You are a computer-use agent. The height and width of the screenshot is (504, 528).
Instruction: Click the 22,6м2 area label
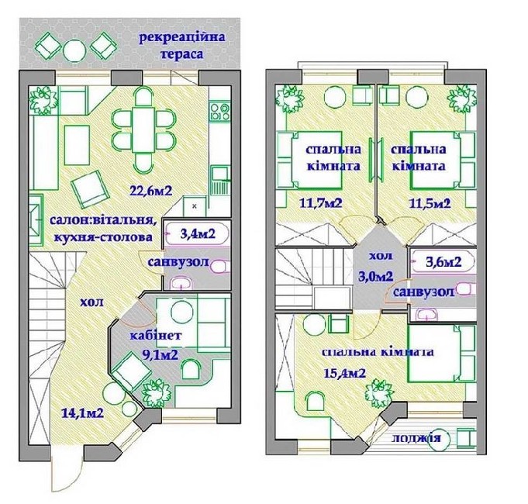click(x=151, y=191)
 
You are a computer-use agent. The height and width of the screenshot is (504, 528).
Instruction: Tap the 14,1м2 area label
click(x=82, y=413)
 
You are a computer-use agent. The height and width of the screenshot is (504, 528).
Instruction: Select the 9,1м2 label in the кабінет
click(x=160, y=354)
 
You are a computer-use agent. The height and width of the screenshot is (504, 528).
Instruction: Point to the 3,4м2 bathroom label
click(x=198, y=233)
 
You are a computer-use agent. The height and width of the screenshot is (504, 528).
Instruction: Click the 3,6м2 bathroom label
click(x=443, y=261)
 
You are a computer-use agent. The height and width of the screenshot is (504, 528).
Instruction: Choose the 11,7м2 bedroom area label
click(x=320, y=203)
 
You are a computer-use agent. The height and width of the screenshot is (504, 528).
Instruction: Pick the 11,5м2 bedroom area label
click(x=430, y=203)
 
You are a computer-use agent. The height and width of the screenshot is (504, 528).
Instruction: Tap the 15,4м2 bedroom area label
click(x=345, y=373)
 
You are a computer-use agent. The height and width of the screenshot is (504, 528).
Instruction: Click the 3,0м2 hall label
click(x=376, y=276)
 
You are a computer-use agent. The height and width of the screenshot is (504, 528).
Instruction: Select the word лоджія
click(x=416, y=438)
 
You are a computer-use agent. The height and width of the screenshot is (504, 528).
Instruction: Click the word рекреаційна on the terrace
click(x=182, y=37)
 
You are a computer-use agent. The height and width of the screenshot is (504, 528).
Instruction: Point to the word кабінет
click(x=156, y=336)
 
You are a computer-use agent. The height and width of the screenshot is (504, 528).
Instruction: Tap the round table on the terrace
click(x=74, y=51)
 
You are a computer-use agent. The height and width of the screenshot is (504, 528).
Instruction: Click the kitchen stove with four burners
click(x=219, y=112)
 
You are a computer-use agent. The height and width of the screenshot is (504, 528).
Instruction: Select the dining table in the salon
click(x=143, y=130)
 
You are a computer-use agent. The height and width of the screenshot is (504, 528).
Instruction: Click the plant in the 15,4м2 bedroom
click(x=380, y=392)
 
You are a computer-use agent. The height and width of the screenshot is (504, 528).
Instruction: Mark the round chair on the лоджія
click(x=441, y=440)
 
